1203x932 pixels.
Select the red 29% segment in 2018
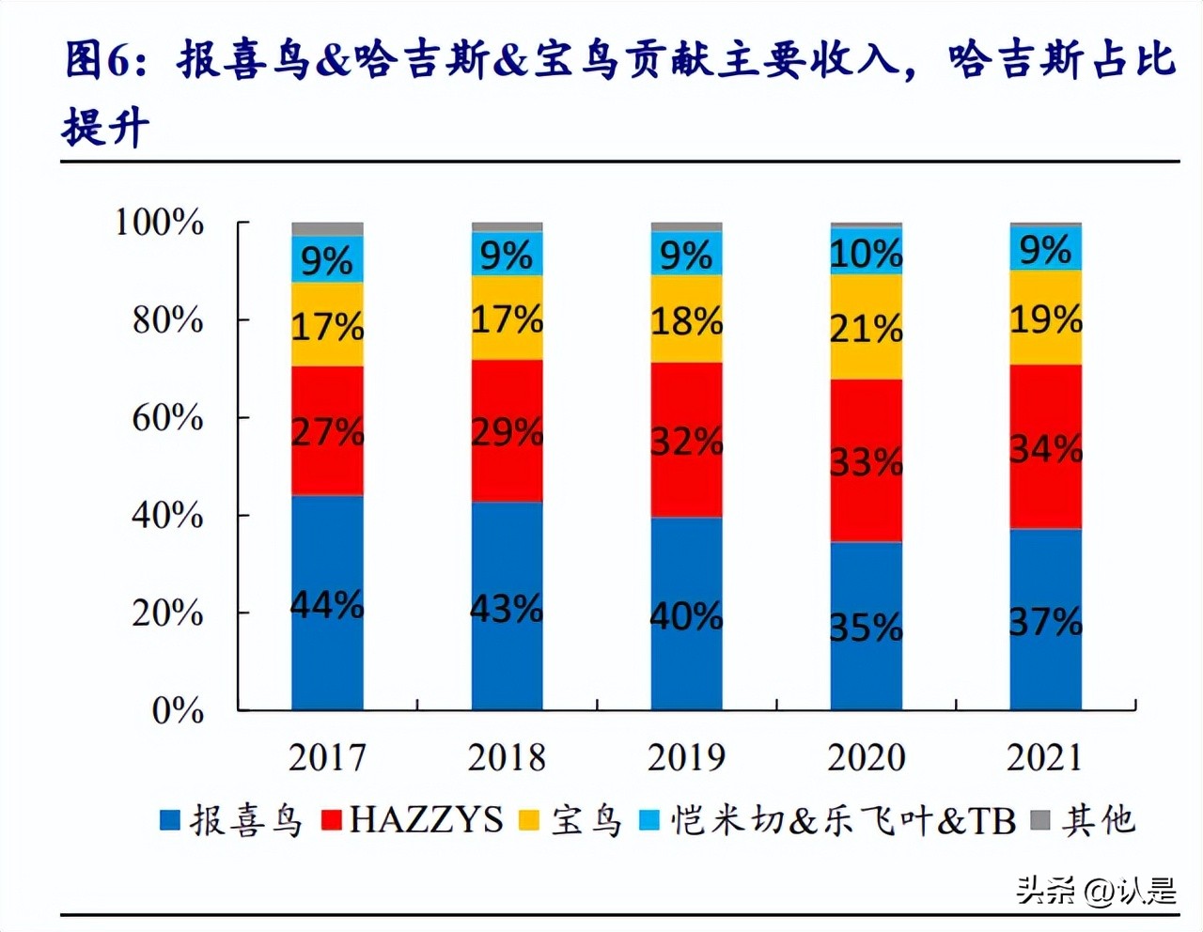click(508, 430)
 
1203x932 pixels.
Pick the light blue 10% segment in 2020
click(867, 252)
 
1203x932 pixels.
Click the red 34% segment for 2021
click(1046, 447)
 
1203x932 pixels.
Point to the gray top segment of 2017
click(327, 228)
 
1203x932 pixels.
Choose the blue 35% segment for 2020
click(867, 626)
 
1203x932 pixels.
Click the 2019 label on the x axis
click(687, 757)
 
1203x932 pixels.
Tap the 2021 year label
click(1046, 757)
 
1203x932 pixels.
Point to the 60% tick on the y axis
click(167, 417)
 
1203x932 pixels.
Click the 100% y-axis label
click(159, 223)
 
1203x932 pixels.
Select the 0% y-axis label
click(178, 711)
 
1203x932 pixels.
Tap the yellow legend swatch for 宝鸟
click(529, 820)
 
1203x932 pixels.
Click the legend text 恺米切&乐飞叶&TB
click(843, 820)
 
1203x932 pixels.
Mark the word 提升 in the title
click(104, 125)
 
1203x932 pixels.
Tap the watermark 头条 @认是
click(1096, 889)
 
